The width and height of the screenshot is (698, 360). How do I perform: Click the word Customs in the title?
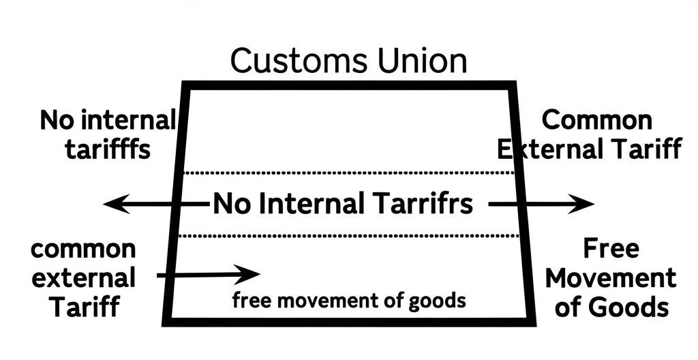[x=299, y=61]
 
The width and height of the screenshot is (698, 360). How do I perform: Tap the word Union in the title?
[x=423, y=61]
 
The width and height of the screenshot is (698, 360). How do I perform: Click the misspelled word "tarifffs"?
[x=108, y=149]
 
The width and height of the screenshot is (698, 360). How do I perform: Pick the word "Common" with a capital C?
[x=597, y=120]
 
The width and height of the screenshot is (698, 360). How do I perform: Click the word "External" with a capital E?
[x=551, y=149]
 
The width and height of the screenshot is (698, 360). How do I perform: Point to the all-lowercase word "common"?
[x=83, y=250]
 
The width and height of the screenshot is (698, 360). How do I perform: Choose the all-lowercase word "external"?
[x=84, y=278]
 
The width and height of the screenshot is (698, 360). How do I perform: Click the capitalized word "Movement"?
[x=611, y=278]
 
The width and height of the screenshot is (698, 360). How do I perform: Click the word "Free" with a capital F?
[x=611, y=248]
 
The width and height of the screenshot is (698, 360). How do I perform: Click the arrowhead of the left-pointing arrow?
[x=116, y=204]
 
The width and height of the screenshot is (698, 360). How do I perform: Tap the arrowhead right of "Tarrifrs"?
[x=581, y=204]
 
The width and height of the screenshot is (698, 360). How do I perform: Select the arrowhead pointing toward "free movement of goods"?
[x=247, y=274]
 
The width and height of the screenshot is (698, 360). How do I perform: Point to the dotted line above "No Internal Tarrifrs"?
[x=349, y=172]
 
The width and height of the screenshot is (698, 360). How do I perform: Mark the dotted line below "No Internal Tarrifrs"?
[x=348, y=236]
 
